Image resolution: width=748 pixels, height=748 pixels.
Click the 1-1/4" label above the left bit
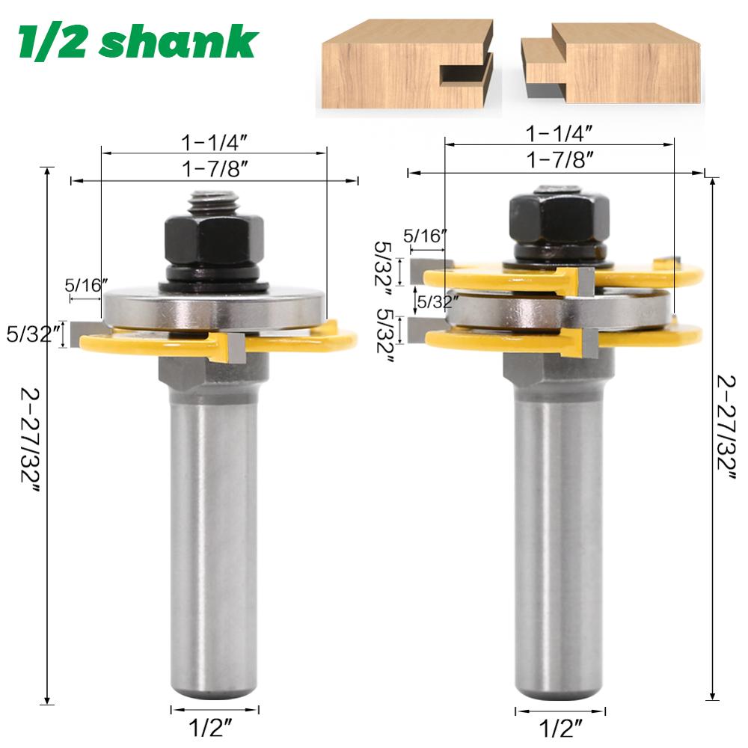pos(214,141)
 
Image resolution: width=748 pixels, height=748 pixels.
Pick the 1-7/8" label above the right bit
pos(560,159)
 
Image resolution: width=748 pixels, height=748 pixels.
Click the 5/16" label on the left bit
pos(87,286)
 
